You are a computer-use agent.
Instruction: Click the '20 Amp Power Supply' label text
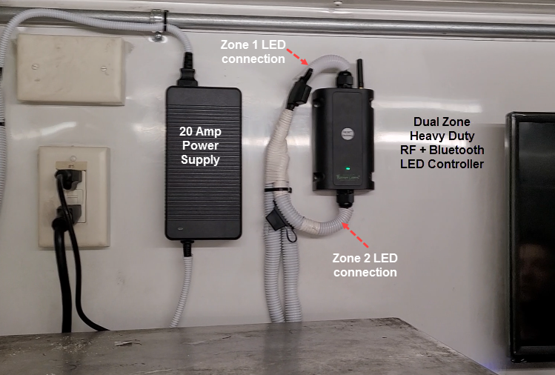(x=200, y=145)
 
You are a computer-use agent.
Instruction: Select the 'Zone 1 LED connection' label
(x=252, y=51)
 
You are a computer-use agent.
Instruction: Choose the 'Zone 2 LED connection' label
(x=365, y=265)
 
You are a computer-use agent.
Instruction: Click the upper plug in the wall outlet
(x=69, y=179)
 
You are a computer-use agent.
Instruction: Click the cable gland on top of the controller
(x=342, y=79)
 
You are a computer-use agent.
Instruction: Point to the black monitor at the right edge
(x=532, y=237)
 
